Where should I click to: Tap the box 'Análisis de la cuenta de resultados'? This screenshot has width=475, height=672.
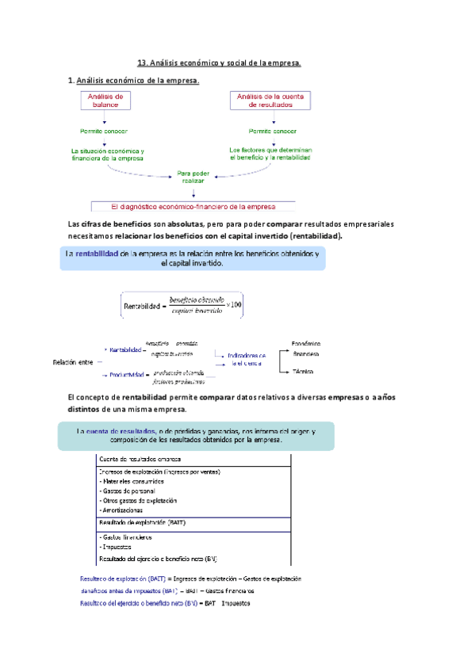point(271,100)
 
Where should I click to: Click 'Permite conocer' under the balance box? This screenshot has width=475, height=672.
point(103,131)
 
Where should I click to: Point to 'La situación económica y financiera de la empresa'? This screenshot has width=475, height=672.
point(108,154)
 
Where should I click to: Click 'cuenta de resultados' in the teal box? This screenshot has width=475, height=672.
point(119,430)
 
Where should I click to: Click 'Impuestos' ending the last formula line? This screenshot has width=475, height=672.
point(236,603)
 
